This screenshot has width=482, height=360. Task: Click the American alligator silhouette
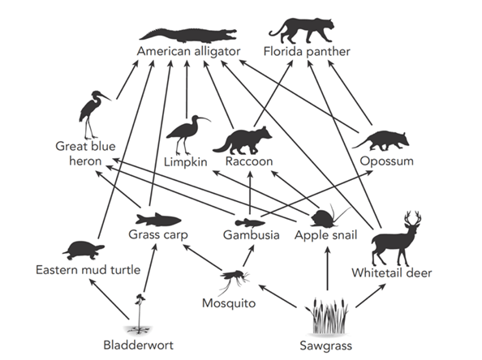tap(188, 36)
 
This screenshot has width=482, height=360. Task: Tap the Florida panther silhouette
tap(301, 31)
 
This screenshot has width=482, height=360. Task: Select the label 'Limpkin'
tap(185, 161)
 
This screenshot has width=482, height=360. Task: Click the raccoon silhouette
tap(243, 140)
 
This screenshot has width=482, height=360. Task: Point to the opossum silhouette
tap(381, 141)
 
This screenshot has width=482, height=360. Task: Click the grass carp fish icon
tap(158, 219)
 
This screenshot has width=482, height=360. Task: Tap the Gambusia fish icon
tap(250, 222)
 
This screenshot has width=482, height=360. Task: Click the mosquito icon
tap(235, 278)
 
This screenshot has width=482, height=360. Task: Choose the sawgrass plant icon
tap(328, 316)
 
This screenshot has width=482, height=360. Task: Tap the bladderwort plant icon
tap(140, 314)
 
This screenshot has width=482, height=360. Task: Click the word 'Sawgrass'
tap(326, 345)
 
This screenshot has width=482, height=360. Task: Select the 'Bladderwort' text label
tap(138, 345)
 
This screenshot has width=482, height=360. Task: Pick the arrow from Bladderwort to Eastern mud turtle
tap(108, 298)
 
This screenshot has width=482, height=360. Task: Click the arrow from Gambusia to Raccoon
tap(250, 193)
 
